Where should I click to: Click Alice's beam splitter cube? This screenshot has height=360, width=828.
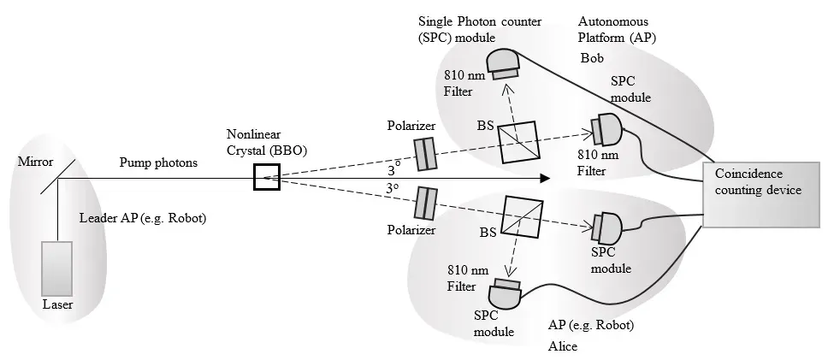pyautogui.click(x=524, y=215)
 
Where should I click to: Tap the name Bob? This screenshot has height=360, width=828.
pyautogui.click(x=591, y=60)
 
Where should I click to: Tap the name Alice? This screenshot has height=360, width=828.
pyautogui.click(x=564, y=346)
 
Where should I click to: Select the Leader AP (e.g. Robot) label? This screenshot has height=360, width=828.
pyautogui.click(x=143, y=217)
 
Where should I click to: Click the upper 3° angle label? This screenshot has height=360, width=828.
pyautogui.click(x=393, y=162)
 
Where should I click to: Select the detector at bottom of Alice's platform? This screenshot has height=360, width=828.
pyautogui.click(x=506, y=294)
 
